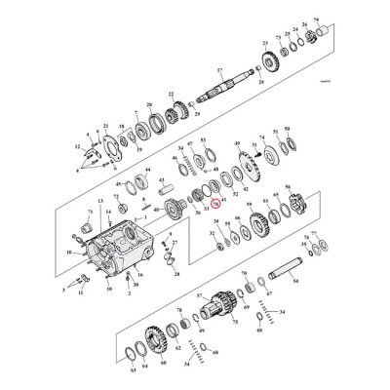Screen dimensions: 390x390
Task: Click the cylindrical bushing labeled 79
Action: click(314, 36)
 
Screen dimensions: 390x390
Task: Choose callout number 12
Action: click(77, 147)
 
